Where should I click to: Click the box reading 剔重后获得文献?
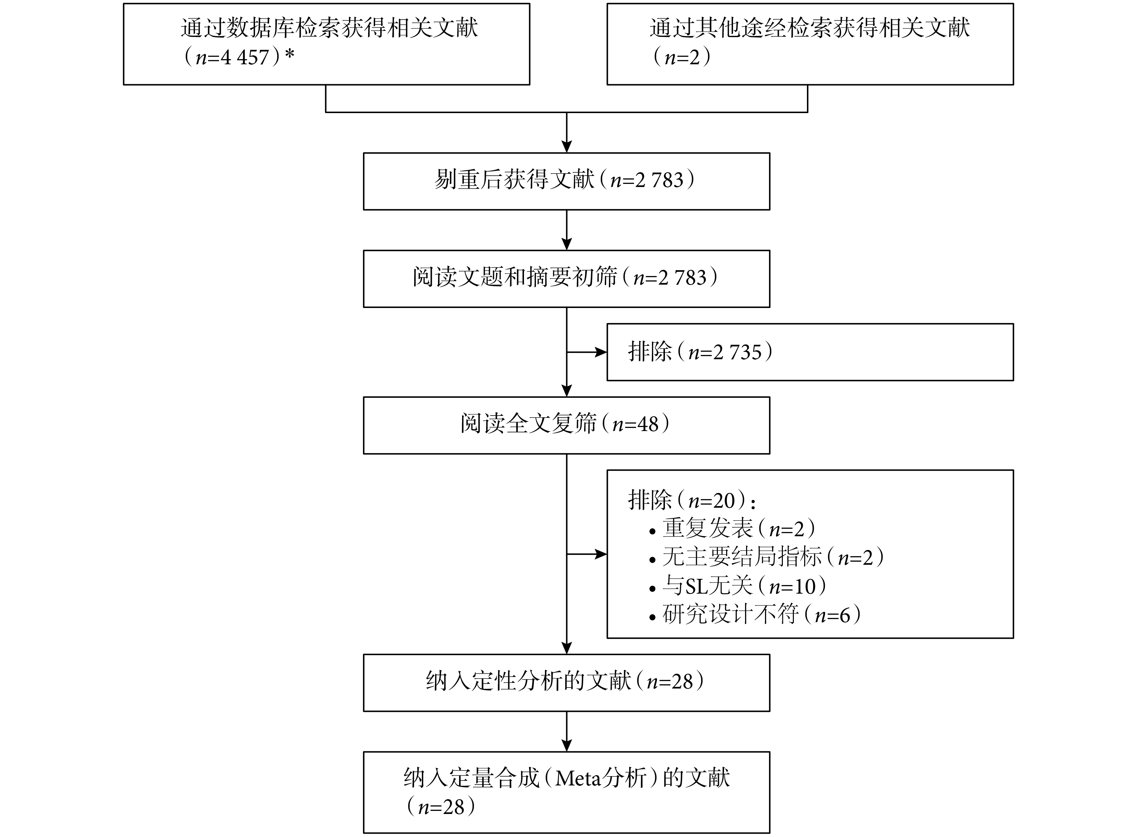pos(567,181)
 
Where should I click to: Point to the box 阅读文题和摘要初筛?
pos(567,279)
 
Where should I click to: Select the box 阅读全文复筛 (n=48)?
pos(567,425)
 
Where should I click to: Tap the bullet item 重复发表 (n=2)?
pos(733,528)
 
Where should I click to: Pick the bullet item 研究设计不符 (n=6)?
pos(755,615)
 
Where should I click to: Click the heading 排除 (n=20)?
pos(692,500)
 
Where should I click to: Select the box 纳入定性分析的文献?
pos(567,682)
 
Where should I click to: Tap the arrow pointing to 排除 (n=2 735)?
pos(587,352)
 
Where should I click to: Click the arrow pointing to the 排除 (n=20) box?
pos(587,554)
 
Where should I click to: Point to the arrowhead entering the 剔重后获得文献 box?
pos(567,146)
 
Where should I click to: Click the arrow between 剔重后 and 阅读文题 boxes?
pos(567,230)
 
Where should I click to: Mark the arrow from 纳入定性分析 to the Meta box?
pos(567,731)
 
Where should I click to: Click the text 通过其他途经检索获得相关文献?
pos(810,28)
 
